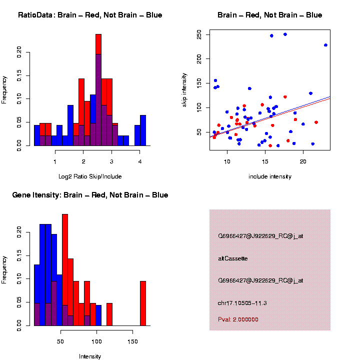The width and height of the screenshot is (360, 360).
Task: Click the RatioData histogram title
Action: [x=90, y=15]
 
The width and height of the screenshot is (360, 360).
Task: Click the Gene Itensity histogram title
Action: [x=90, y=195]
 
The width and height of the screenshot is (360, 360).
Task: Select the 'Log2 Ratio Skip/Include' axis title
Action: [x=90, y=176]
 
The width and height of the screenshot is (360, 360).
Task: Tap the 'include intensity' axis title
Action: [x=270, y=176]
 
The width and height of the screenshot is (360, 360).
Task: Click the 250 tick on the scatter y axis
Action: [x=199, y=34]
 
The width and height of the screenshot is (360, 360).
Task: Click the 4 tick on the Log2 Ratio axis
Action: [x=140, y=161]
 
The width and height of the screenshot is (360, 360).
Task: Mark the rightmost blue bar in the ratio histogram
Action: [x=143, y=130]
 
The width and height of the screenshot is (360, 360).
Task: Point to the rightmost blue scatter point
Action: [x=325, y=45]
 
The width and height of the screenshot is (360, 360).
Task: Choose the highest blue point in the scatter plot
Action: [x=285, y=34]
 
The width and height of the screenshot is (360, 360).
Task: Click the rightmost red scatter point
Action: [x=316, y=122]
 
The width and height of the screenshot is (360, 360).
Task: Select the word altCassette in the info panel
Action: [x=233, y=258]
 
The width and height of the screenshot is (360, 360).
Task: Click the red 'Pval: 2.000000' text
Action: [x=238, y=319]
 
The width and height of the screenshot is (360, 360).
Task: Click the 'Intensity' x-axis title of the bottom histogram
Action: [x=90, y=356]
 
